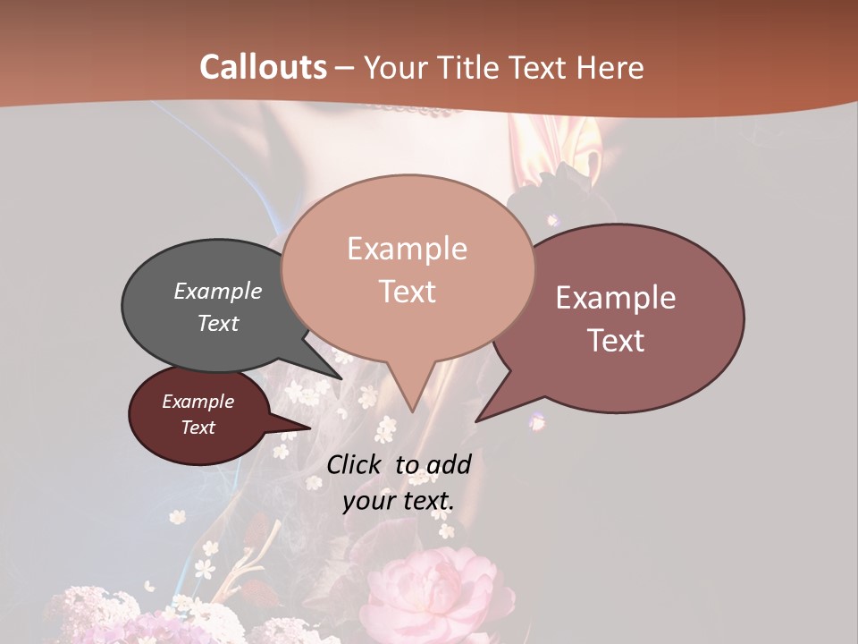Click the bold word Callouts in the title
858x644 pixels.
(x=263, y=67)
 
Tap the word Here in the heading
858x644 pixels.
(x=610, y=67)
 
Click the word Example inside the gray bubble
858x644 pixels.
(x=218, y=291)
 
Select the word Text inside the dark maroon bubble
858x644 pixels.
(x=198, y=428)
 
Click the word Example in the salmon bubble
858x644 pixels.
(x=407, y=249)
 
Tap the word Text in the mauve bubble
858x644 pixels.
(x=617, y=341)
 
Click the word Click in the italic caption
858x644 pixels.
(x=357, y=464)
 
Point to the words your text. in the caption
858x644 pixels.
(x=399, y=501)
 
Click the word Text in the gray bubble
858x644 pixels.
(x=218, y=323)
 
